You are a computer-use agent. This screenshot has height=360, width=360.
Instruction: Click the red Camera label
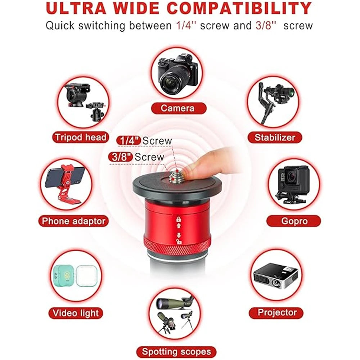tap(178, 108)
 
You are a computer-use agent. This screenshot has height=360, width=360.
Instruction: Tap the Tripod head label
tap(80, 137)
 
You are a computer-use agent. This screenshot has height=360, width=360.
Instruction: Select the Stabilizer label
tap(275, 137)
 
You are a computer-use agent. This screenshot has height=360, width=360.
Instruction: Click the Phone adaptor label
tap(73, 221)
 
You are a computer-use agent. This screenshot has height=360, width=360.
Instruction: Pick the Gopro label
tap(294, 221)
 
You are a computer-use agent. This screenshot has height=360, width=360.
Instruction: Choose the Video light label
tap(76, 312)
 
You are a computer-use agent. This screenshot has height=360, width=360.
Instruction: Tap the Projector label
tap(277, 312)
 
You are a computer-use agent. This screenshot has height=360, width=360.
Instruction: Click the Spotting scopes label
tap(176, 351)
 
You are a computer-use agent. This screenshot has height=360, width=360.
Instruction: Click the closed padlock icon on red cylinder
tap(178, 219)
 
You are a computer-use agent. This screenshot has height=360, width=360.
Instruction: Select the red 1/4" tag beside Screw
tap(129, 141)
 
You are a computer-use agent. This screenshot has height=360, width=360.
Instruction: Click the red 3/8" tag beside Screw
tap(121, 157)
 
